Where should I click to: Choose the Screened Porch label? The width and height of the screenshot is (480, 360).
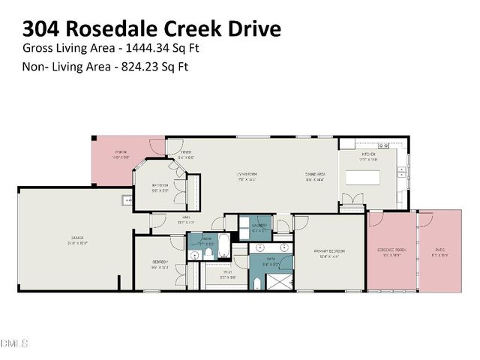click(x=391, y=251)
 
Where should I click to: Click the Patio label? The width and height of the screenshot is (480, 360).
click(x=439, y=251)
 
